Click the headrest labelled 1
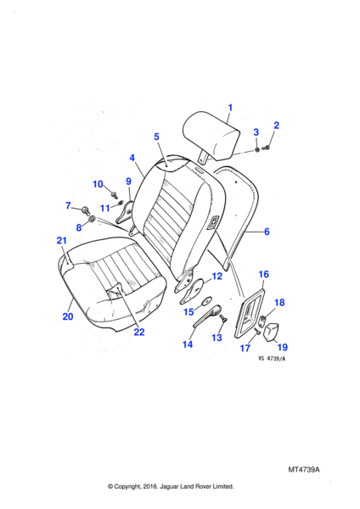(211, 137)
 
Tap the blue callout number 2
(277, 126)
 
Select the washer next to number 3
(257, 149)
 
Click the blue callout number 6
(267, 232)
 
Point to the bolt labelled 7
(85, 210)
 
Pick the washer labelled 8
(92, 219)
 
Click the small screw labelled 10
(115, 195)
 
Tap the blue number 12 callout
(217, 277)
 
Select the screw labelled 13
(223, 318)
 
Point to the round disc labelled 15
(206, 300)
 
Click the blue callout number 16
(263, 274)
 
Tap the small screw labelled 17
(256, 331)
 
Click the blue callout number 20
(68, 316)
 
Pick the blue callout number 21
(62, 240)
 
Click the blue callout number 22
(139, 332)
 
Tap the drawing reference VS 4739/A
(272, 359)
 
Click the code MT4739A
(304, 469)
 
